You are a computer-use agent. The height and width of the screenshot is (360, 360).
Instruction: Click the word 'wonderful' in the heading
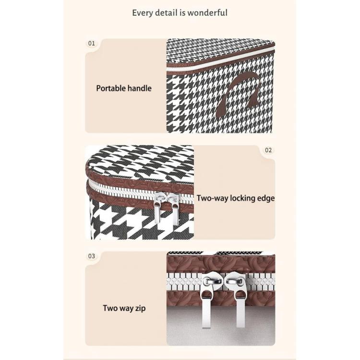click(207, 12)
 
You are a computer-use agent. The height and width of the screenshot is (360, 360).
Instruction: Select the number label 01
click(91, 43)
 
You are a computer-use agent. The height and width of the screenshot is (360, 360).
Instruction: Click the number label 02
click(268, 150)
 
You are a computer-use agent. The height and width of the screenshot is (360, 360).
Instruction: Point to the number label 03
click(91, 256)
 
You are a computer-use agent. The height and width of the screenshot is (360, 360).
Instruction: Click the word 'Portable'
click(111, 88)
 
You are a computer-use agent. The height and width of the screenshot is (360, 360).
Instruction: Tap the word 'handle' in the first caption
click(140, 88)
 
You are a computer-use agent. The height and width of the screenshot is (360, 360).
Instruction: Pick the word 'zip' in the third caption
click(140, 309)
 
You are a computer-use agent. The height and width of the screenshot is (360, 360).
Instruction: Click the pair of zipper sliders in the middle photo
click(167, 208)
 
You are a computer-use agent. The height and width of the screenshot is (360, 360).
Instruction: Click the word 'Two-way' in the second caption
click(212, 198)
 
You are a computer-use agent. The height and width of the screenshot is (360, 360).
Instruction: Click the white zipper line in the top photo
click(220, 58)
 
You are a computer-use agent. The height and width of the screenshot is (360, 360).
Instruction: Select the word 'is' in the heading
click(183, 12)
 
